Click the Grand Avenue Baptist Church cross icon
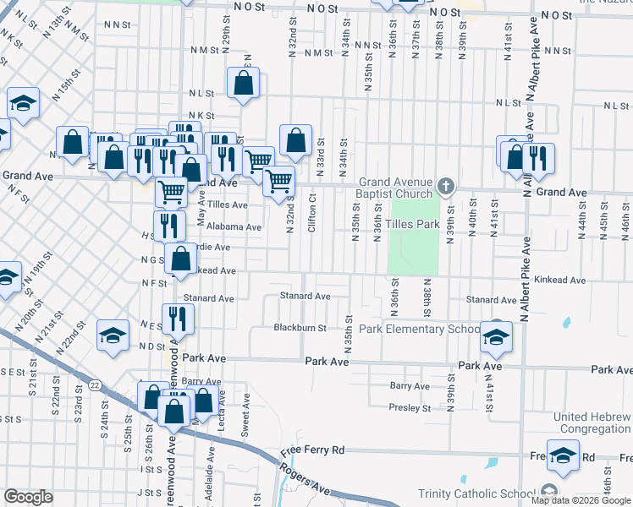[x=447, y=185]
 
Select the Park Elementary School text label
[x=419, y=329]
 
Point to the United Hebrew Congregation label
[x=592, y=422]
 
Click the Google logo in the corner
[x=29, y=497]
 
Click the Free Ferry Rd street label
[x=314, y=451]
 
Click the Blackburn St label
[x=300, y=328]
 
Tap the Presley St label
[x=410, y=408]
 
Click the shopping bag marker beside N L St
[x=244, y=84]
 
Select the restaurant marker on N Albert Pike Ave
[x=537, y=156]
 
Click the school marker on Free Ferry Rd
[x=563, y=456]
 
